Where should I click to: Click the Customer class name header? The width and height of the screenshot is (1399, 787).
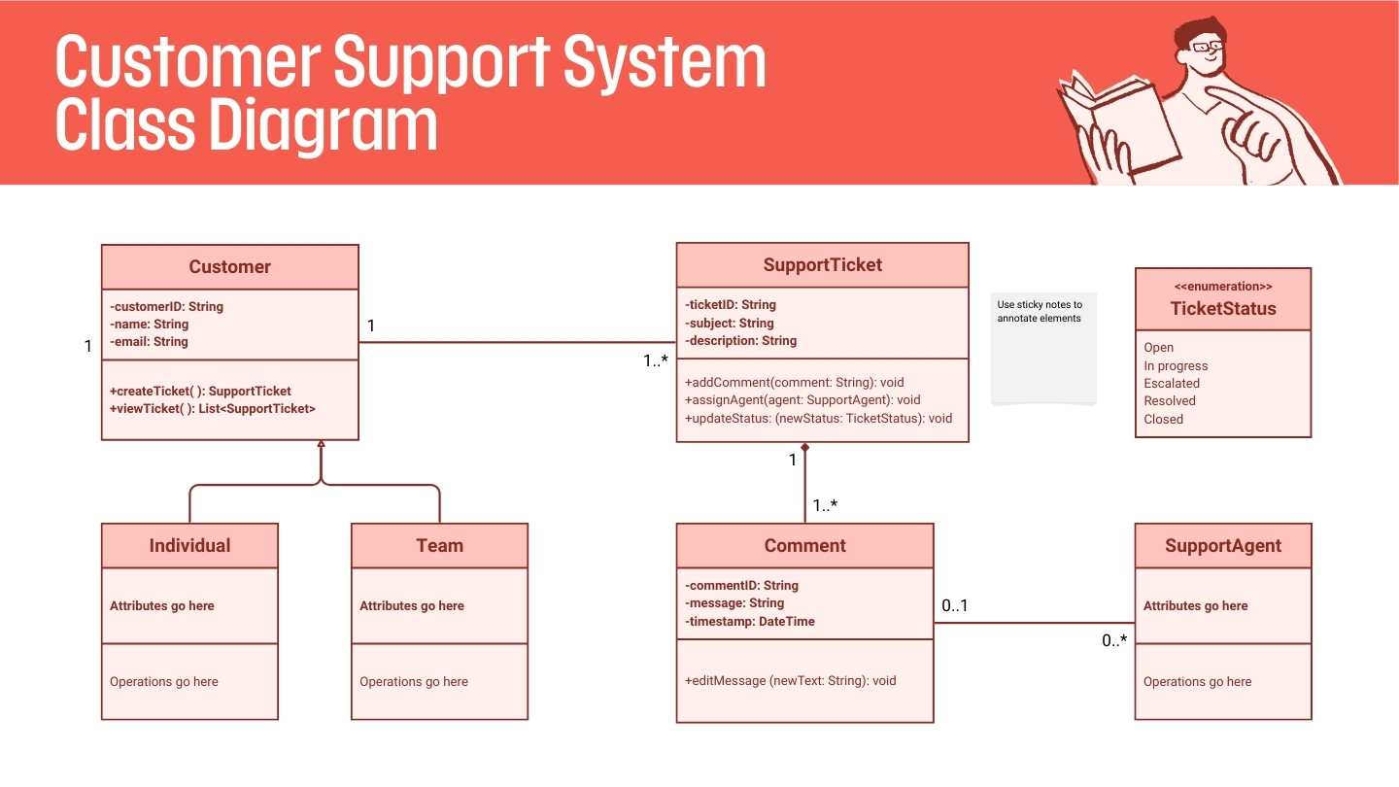[x=229, y=267]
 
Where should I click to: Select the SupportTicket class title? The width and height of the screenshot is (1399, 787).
[x=822, y=264]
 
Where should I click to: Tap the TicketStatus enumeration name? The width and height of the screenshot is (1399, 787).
[x=1222, y=309]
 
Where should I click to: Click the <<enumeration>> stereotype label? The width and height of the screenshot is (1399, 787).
[x=1222, y=287]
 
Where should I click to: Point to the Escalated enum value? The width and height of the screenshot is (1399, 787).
[x=1172, y=383]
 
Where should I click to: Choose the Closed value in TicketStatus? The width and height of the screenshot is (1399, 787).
[x=1163, y=419]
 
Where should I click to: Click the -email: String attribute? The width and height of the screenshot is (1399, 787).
[x=149, y=341]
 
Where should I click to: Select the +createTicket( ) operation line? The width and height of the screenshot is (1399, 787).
[x=200, y=391]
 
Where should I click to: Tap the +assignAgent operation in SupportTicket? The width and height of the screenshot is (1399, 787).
[x=802, y=399]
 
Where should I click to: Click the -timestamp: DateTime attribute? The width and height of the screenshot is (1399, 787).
[x=749, y=621]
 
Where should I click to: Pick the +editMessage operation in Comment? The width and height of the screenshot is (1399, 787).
[x=790, y=680]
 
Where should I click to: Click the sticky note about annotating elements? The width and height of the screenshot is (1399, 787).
[x=1043, y=347]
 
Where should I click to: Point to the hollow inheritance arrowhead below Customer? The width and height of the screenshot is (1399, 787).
[x=321, y=445]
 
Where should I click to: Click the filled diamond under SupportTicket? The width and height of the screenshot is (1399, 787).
[x=804, y=448]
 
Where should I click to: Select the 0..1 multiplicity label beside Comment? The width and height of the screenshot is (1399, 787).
[x=954, y=606]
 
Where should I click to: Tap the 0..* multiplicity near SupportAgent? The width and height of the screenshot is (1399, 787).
[x=1114, y=640]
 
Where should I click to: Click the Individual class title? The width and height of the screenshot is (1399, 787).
[x=189, y=545]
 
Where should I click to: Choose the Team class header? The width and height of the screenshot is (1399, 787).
[x=439, y=545]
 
